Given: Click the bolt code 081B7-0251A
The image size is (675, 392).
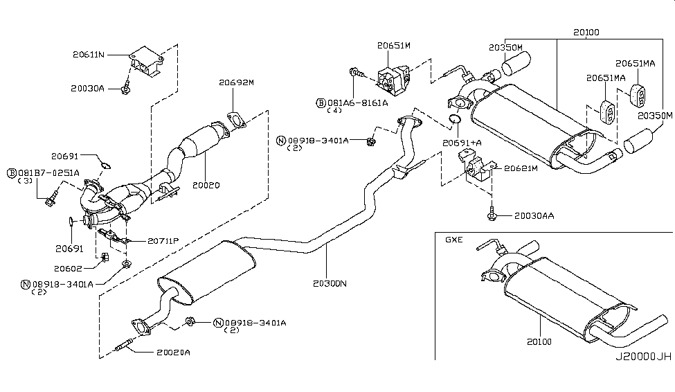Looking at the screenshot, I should [48, 172].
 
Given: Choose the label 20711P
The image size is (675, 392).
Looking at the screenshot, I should [163, 241].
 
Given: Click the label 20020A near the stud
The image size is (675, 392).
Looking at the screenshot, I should [172, 353].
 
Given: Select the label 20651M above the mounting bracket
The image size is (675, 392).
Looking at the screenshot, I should [394, 45].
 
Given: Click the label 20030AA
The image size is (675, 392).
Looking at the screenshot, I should [533, 216].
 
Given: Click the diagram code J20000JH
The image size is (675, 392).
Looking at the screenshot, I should [643, 357].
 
